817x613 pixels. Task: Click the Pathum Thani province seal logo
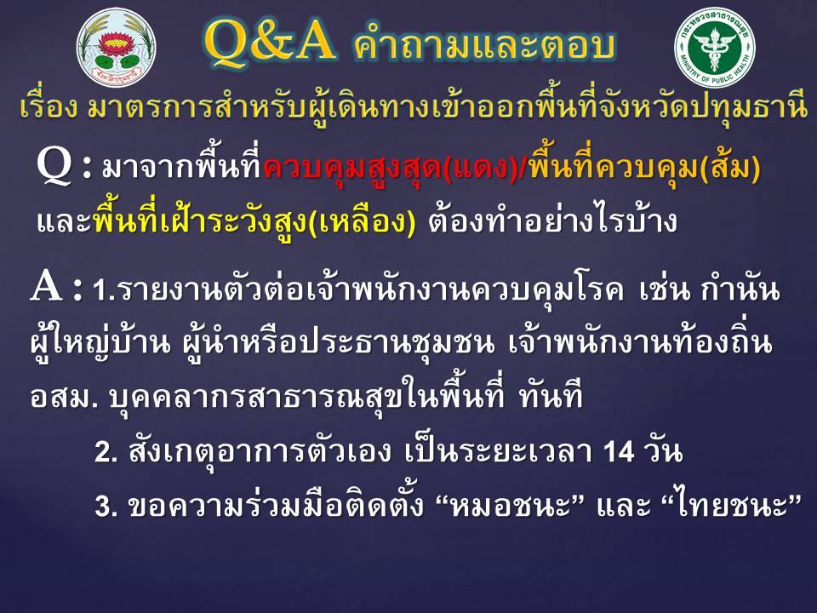click(116, 47)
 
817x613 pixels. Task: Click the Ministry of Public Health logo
click(714, 47)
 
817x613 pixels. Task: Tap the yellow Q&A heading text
click(269, 42)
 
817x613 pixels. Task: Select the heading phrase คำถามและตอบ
click(484, 43)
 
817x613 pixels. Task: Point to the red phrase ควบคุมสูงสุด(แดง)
click(391, 168)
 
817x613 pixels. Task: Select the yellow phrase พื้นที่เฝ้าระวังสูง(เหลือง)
click(254, 221)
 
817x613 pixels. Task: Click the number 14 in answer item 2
click(619, 451)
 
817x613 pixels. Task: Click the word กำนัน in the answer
click(740, 289)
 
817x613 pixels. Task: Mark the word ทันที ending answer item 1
click(550, 396)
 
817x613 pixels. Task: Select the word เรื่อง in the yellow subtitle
click(49, 106)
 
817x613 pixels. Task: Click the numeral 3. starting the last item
click(106, 506)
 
